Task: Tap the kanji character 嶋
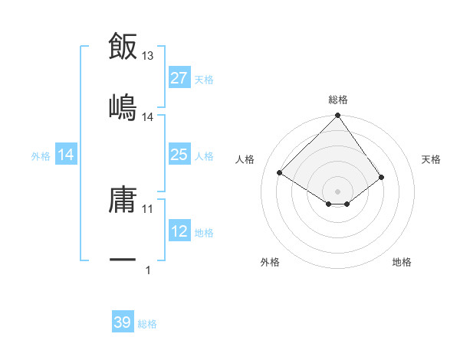coord(123,107)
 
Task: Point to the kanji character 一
coord(123,261)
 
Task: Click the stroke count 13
coord(148,56)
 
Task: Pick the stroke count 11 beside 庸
coord(148,208)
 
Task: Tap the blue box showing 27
coord(179,77)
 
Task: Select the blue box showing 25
coord(179,155)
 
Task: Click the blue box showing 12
coord(179,231)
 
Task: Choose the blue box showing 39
coord(123,322)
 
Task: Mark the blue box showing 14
coord(66,155)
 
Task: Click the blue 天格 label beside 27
coord(204,79)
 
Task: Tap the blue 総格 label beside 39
coord(147,324)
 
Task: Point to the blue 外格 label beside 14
coord(41,156)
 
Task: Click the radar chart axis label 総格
coord(338,100)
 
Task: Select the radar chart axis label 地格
coord(402,262)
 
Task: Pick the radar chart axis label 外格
coord(270,262)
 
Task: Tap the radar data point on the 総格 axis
coord(337,116)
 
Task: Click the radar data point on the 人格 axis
coord(280,173)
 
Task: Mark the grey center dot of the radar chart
coord(337,191)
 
